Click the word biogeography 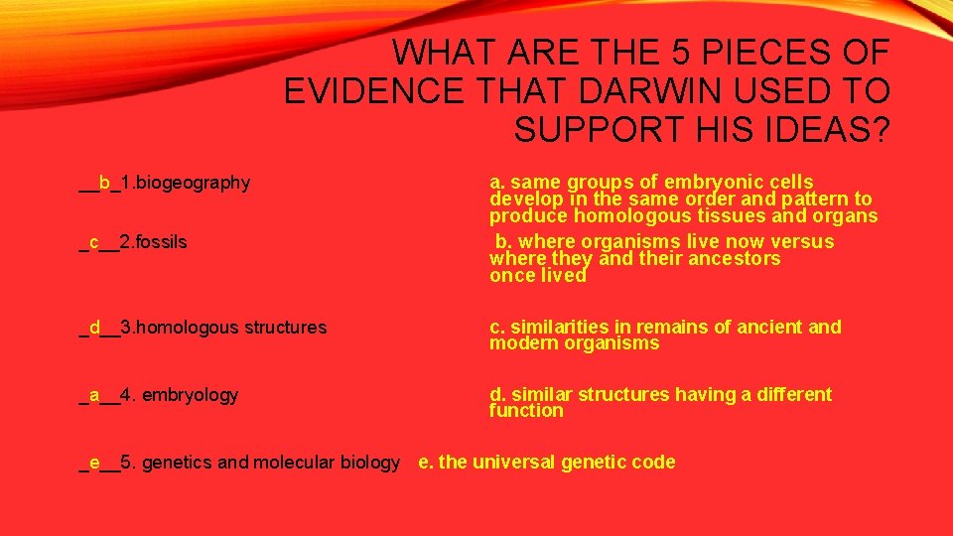[193, 183]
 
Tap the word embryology [191, 395]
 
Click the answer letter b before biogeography [104, 183]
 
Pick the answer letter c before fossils [93, 242]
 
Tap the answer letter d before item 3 [94, 327]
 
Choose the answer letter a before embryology [94, 395]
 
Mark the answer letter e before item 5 [94, 462]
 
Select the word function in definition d [526, 410]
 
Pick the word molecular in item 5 [294, 462]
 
